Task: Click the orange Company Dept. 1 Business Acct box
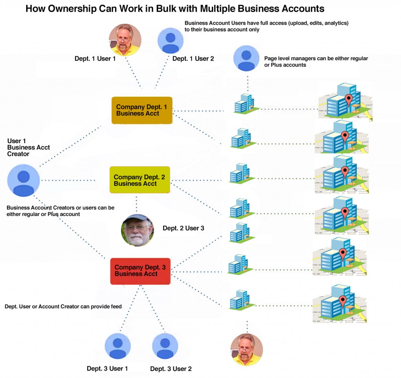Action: click(x=142, y=110)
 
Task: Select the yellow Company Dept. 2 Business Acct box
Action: click(x=140, y=180)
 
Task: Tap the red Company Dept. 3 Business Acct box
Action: click(x=140, y=271)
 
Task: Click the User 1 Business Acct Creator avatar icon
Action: click(x=23, y=180)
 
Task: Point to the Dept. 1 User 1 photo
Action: click(x=125, y=40)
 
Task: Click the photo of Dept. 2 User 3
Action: click(x=137, y=230)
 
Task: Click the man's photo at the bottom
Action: click(x=247, y=349)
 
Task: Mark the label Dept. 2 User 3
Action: click(x=183, y=228)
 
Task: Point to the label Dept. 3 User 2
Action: click(x=171, y=369)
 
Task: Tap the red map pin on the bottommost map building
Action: click(x=343, y=301)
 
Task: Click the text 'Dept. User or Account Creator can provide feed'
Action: click(x=63, y=307)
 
